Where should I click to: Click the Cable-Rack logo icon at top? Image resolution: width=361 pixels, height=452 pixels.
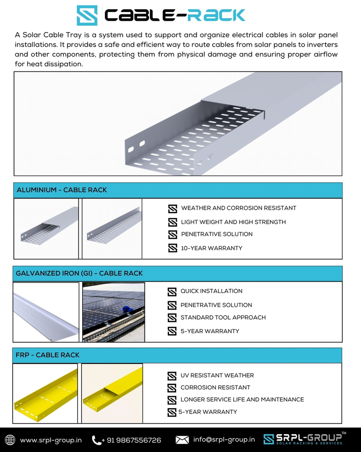[x=87, y=15]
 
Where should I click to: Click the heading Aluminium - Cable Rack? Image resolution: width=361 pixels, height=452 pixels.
[x=62, y=190]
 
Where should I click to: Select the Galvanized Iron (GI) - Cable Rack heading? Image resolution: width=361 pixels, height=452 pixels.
[x=79, y=273]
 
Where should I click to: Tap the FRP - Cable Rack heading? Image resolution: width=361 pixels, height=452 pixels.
[x=48, y=355]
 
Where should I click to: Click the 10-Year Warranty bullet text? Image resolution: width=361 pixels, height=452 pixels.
[x=212, y=248]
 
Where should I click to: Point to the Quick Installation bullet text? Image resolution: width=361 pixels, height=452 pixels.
[x=211, y=291]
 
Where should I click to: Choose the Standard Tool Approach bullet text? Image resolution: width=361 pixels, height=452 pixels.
[x=223, y=317]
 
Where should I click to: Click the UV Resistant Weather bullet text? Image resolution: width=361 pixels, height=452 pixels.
[x=217, y=376]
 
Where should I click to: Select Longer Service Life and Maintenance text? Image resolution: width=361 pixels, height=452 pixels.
[x=242, y=400]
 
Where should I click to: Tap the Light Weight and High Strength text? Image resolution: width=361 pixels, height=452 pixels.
[x=233, y=222]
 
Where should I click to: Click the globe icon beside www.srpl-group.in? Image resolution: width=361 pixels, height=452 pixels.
[x=10, y=440]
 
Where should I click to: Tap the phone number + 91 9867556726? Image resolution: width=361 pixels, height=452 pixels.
[x=131, y=440]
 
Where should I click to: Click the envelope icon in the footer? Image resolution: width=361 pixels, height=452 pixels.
[x=182, y=440]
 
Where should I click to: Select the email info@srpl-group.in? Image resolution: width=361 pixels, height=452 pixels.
[x=224, y=440]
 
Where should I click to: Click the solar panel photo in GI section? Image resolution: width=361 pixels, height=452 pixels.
[x=113, y=312]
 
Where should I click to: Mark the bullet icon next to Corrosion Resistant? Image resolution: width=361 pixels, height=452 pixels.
[x=172, y=388]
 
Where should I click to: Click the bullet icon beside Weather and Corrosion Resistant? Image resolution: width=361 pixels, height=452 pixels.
[x=172, y=209]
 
